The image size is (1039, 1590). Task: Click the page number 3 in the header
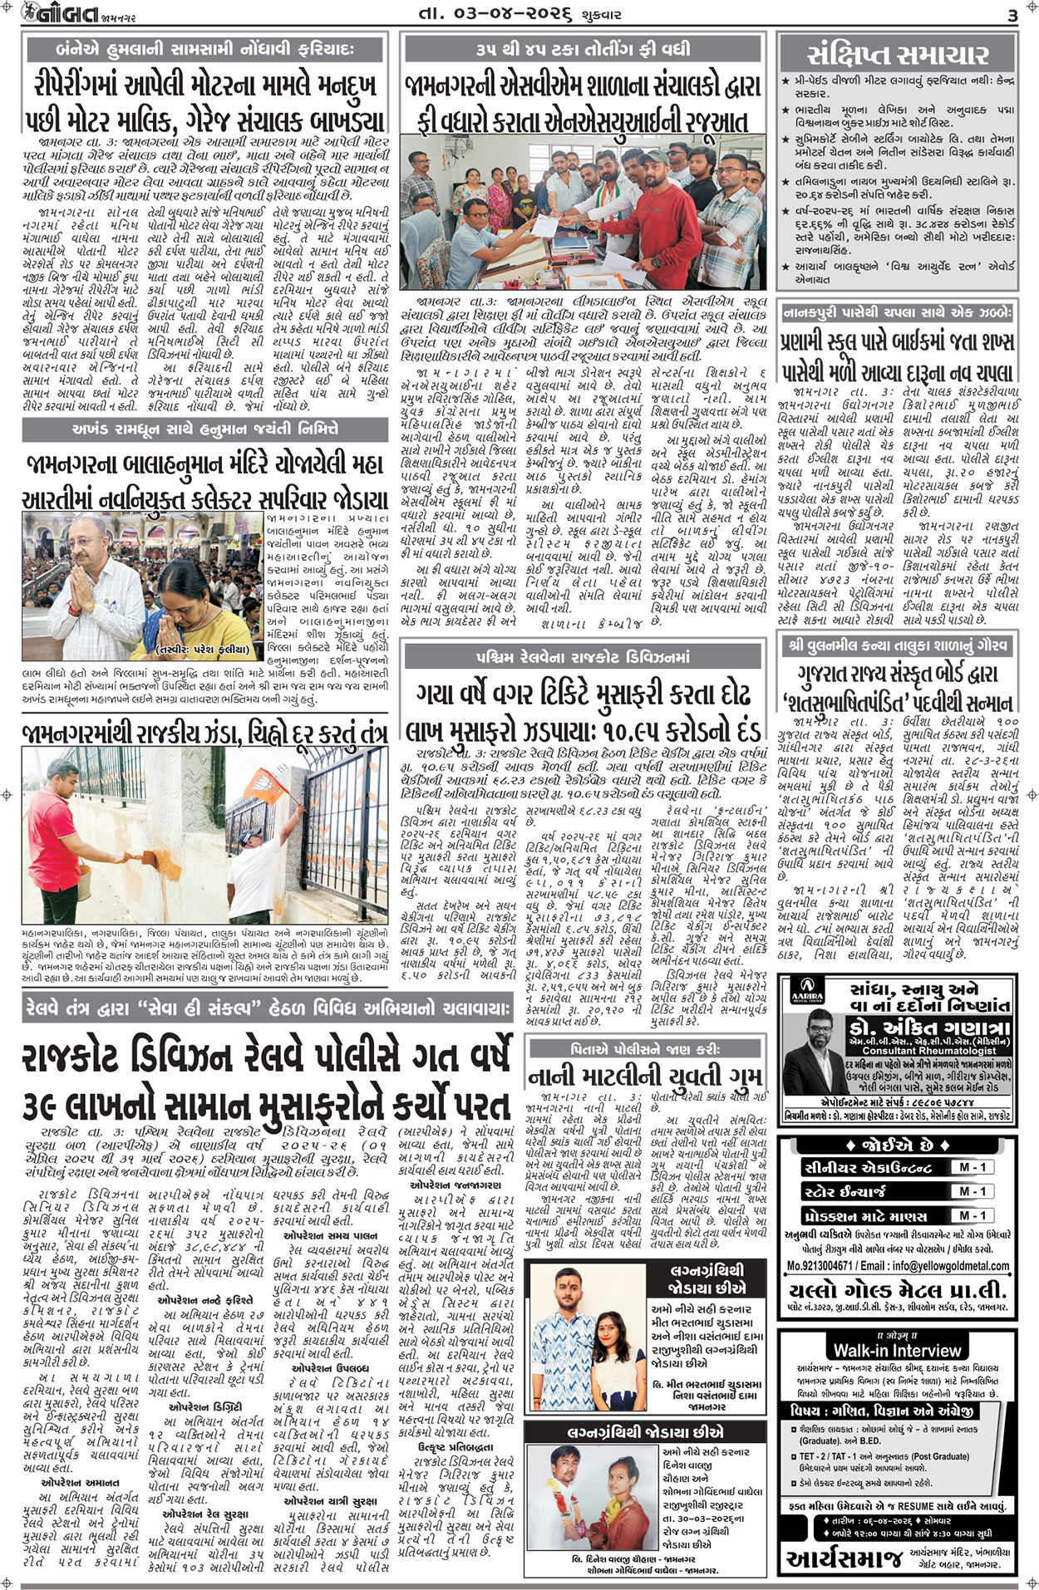point(1012,15)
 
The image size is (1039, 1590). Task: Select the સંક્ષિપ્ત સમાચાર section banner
point(898,55)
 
